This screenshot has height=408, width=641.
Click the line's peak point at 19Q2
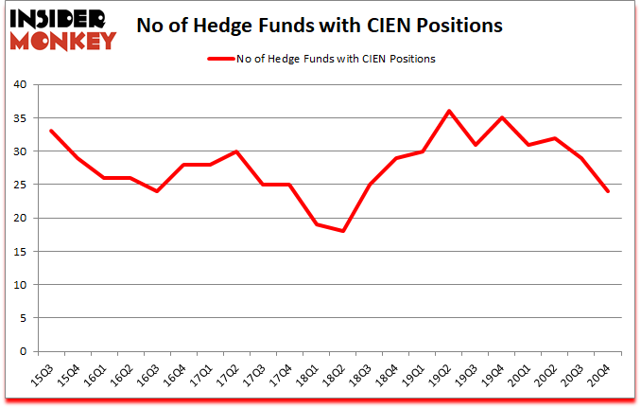click(449, 111)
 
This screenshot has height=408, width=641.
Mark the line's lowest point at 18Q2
click(342, 231)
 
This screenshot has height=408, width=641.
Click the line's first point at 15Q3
click(50, 131)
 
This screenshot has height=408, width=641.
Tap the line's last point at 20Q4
click(608, 191)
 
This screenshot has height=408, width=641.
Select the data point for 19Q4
click(502, 117)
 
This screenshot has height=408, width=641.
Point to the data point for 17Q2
click(236, 151)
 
